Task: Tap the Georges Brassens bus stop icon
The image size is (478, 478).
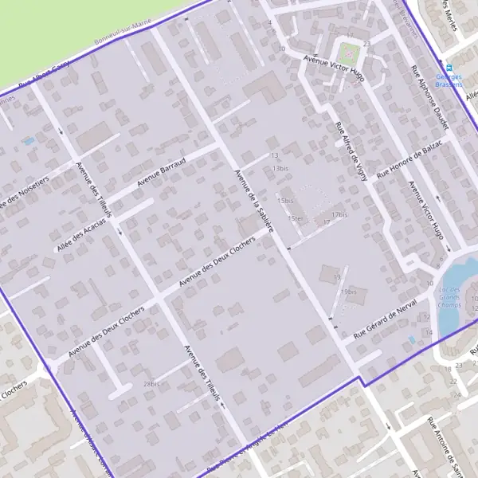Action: click(450, 68)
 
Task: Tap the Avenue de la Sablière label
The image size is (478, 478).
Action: click(254, 200)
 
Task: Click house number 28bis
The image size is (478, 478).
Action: click(152, 384)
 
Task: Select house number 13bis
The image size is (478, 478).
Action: click(280, 169)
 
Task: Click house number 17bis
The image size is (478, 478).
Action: click(340, 214)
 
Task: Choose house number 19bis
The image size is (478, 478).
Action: click(347, 292)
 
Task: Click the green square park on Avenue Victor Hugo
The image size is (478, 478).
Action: click(348, 54)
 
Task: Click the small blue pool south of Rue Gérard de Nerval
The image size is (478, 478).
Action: click(411, 339)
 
